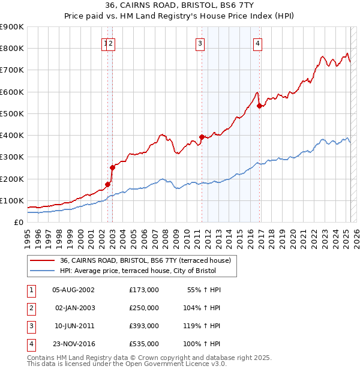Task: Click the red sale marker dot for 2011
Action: [202, 136]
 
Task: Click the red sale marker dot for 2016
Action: [259, 106]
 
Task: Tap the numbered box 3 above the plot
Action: [199, 43]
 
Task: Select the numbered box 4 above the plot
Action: [257, 43]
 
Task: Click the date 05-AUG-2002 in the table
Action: [74, 290]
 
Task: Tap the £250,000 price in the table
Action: [144, 308]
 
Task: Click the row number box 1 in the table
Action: [31, 290]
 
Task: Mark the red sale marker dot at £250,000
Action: [112, 167]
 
